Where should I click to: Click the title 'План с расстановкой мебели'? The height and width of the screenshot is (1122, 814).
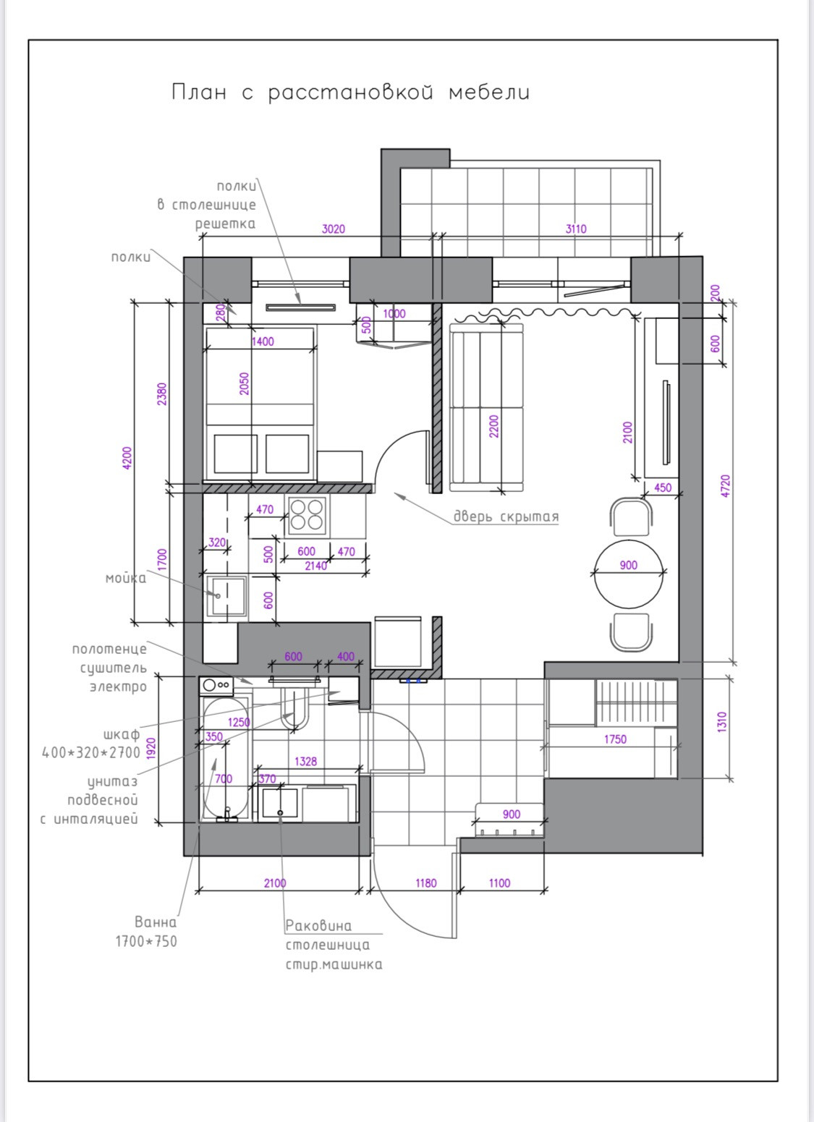click(351, 93)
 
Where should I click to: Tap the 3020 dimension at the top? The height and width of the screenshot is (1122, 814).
click(333, 229)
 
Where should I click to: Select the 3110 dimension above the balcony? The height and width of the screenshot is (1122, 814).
click(575, 229)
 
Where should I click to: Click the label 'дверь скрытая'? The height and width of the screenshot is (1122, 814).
click(506, 517)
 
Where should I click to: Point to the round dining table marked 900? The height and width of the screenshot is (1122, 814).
click(629, 574)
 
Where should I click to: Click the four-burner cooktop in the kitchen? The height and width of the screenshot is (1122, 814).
click(307, 516)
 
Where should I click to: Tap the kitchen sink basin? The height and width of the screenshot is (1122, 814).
click(227, 595)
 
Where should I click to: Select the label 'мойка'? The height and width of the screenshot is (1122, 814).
click(126, 579)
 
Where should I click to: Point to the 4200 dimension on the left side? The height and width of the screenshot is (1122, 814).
click(127, 458)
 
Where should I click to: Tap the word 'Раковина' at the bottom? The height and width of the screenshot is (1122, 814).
click(318, 926)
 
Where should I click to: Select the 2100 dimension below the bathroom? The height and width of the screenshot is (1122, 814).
click(275, 883)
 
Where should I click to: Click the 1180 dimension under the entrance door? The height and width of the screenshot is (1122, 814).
click(425, 883)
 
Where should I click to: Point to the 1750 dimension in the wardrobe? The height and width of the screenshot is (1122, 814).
click(615, 739)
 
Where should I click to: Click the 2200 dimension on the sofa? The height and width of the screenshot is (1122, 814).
click(494, 426)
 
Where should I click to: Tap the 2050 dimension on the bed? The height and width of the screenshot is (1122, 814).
click(244, 383)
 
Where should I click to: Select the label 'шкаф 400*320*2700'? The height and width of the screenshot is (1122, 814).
click(91, 744)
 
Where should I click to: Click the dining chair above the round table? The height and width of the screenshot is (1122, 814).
click(632, 517)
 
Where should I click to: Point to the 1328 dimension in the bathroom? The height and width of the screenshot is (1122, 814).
click(305, 762)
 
